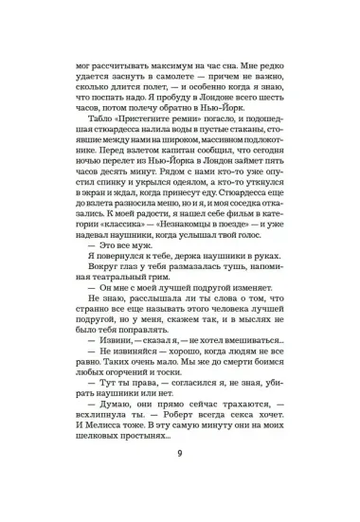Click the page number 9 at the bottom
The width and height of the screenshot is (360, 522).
(179, 477)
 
